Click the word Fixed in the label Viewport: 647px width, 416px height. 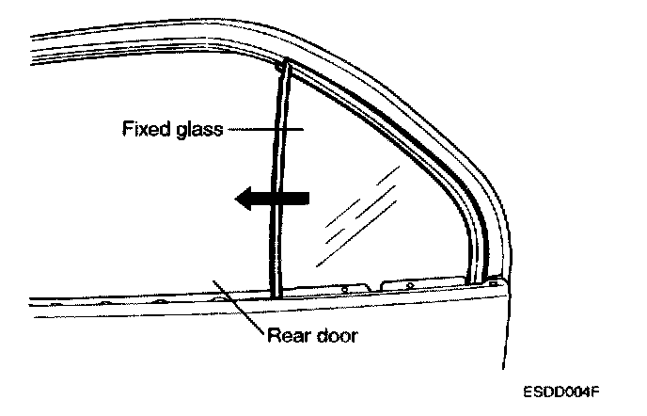click(144, 129)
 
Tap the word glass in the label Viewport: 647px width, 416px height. click(195, 129)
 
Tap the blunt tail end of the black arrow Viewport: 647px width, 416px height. click(306, 197)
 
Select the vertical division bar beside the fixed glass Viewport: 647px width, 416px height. click(278, 179)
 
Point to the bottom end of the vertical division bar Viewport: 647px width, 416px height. click(276, 295)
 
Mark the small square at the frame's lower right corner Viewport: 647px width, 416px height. click(493, 280)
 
